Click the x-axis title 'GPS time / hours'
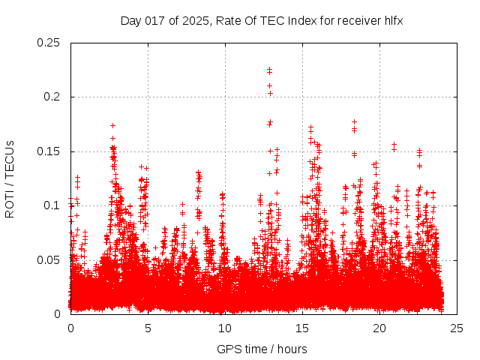pyautogui.click(x=262, y=349)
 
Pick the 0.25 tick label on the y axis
pyautogui.click(x=50, y=43)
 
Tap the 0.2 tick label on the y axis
pyautogui.click(x=53, y=97)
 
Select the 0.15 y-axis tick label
pyautogui.click(x=50, y=151)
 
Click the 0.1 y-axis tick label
pyautogui.click(x=53, y=205)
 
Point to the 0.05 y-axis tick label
pyautogui.click(x=50, y=260)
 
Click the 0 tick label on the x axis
pyautogui.click(x=70, y=328)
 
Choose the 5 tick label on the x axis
pyautogui.click(x=148, y=328)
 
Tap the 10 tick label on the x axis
pyautogui.click(x=225, y=328)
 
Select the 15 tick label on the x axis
pyautogui.click(x=302, y=328)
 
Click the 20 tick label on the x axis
pyautogui.click(x=379, y=328)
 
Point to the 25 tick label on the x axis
pyautogui.click(x=457, y=328)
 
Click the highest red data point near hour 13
pyautogui.click(x=269, y=69)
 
